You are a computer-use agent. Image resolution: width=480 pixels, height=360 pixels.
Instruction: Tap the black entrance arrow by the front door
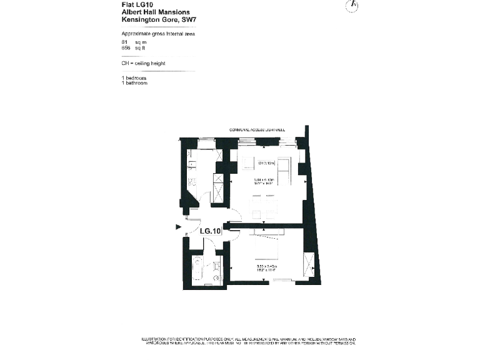tap(179, 227)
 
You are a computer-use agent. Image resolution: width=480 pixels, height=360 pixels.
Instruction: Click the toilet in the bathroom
tap(216, 277)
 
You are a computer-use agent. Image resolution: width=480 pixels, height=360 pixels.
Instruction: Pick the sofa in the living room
tap(284, 171)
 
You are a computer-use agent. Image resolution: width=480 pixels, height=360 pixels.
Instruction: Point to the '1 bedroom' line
tap(134, 77)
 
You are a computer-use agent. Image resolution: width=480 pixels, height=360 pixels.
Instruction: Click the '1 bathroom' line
tap(134, 82)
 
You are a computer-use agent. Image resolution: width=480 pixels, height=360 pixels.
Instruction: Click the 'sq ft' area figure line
tap(129, 47)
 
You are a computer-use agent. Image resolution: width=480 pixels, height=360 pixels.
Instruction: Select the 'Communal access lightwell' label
tap(257, 130)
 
